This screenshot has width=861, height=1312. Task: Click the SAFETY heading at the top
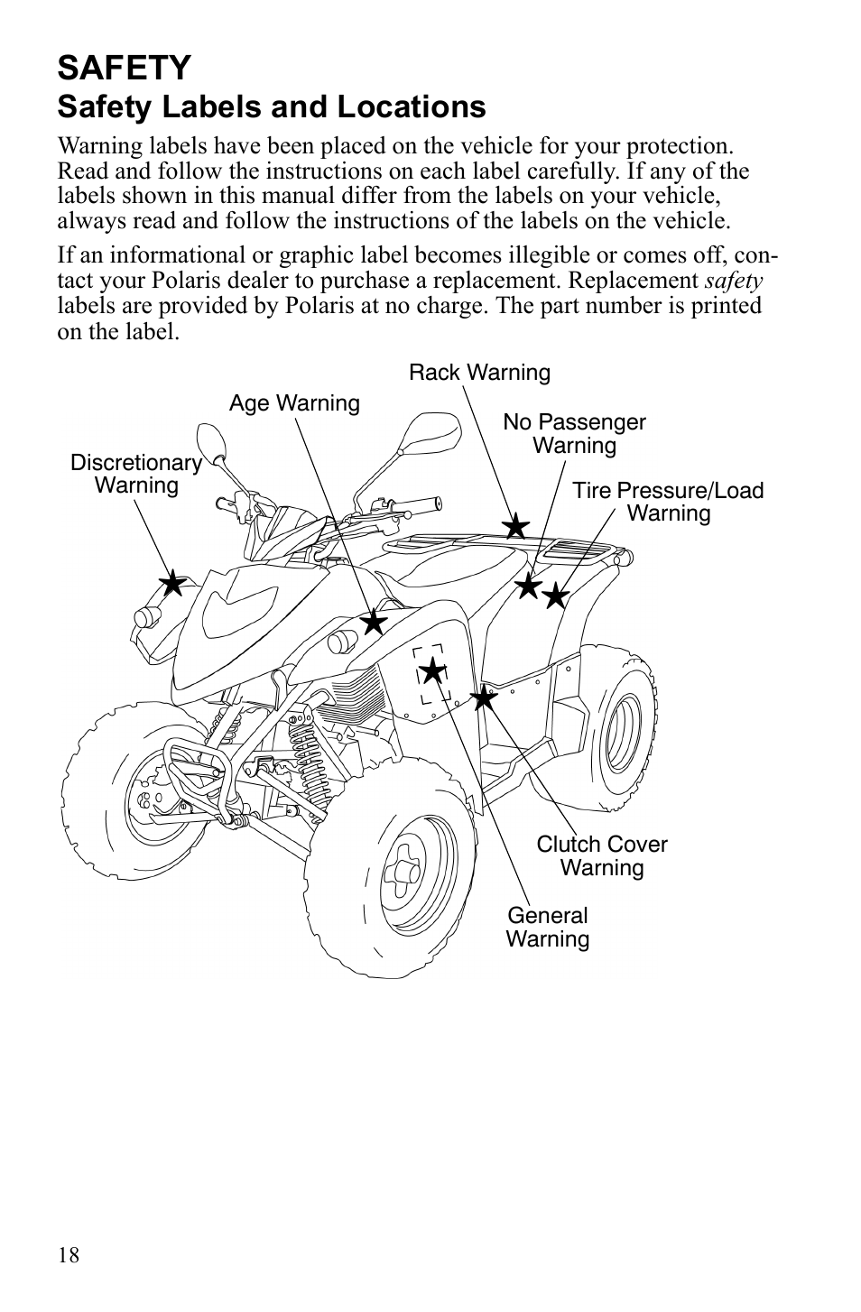click(125, 68)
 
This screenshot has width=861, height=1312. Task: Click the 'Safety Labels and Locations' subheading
click(272, 107)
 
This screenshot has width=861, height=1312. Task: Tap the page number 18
click(69, 1255)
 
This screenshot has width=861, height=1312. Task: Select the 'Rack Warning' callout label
click(479, 373)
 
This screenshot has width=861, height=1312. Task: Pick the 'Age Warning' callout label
click(294, 403)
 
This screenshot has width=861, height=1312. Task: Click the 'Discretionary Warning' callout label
click(136, 475)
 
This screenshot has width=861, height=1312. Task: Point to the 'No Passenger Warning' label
click(574, 434)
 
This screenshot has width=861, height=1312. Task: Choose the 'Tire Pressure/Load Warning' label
click(668, 503)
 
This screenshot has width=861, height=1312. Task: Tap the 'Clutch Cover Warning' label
click(602, 856)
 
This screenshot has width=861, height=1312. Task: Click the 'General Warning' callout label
click(547, 928)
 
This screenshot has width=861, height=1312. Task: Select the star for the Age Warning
click(373, 622)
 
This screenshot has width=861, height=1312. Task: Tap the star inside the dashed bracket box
click(434, 670)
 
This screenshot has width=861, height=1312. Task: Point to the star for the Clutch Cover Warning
click(485, 697)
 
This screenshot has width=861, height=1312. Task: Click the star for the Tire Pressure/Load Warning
click(555, 596)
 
